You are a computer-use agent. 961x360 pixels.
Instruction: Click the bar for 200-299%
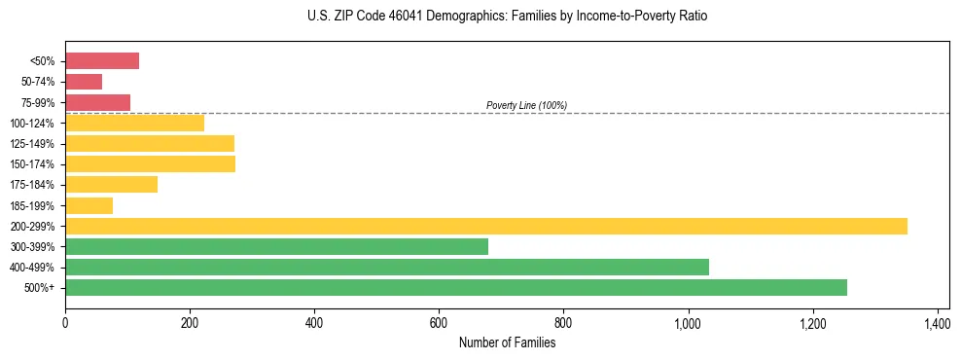click(x=486, y=226)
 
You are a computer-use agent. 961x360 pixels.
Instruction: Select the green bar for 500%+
click(x=456, y=287)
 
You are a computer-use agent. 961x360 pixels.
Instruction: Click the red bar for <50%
click(x=102, y=61)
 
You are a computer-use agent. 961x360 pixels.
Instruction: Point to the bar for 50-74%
click(x=84, y=82)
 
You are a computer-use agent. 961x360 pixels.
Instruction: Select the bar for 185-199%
click(x=89, y=205)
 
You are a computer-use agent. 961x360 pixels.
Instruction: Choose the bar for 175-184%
click(x=111, y=185)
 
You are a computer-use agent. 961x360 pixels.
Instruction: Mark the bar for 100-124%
click(x=134, y=123)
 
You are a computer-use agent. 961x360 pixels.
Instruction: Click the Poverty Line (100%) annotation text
click(x=526, y=105)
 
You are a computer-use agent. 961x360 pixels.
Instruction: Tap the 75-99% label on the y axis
click(x=37, y=102)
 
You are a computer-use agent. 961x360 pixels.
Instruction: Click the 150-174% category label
click(x=32, y=164)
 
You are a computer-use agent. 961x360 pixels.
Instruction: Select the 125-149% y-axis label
click(x=32, y=144)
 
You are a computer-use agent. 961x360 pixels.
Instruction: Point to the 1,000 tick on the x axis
click(x=688, y=322)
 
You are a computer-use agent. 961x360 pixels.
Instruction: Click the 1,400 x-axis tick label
click(x=937, y=322)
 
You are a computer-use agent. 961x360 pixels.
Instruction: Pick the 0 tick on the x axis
click(x=65, y=322)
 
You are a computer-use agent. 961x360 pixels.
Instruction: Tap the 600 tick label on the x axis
click(x=439, y=322)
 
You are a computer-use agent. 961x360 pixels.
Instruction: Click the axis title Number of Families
click(x=507, y=342)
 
